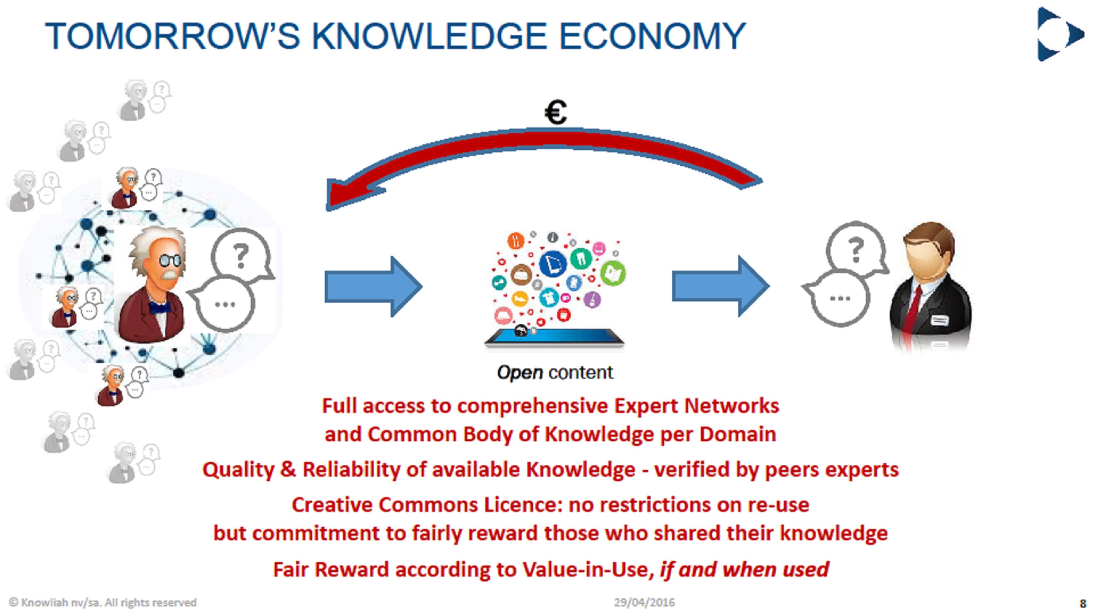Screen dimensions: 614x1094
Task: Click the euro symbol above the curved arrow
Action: (555, 112)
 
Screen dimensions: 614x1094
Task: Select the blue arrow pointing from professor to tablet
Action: (373, 287)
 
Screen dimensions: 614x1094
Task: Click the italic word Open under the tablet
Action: (520, 373)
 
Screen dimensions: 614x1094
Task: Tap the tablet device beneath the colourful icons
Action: (554, 337)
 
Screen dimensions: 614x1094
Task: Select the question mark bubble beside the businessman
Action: (855, 248)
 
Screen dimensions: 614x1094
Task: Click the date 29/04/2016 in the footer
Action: (644, 603)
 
